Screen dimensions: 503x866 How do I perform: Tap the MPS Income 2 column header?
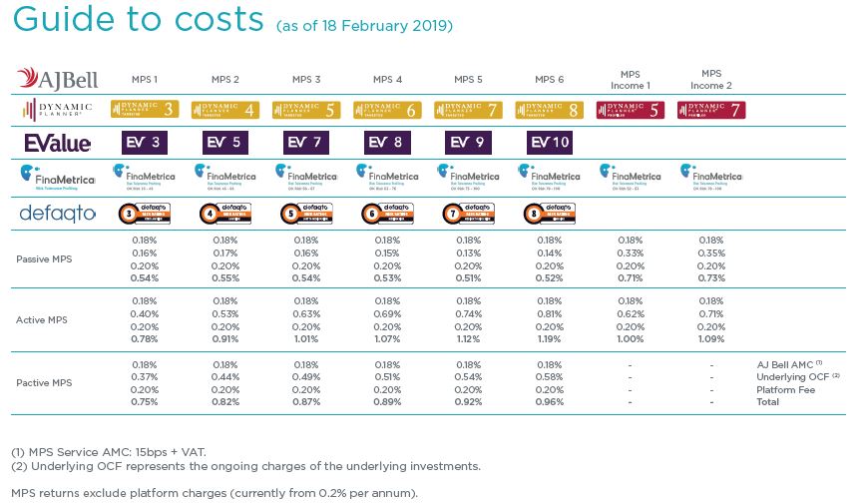click(x=711, y=79)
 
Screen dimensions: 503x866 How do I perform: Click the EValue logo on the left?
click(x=57, y=144)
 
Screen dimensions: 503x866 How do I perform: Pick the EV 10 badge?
click(x=549, y=144)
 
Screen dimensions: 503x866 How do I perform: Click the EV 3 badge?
click(x=144, y=144)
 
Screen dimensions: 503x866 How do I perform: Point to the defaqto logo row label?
click(x=56, y=213)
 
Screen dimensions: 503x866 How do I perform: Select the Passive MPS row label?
click(x=44, y=259)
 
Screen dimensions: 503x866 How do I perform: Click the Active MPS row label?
click(x=41, y=319)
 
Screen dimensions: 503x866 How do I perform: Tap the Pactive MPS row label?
click(x=43, y=383)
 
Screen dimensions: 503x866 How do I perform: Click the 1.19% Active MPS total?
click(x=549, y=339)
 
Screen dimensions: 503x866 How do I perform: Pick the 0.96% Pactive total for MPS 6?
click(x=549, y=401)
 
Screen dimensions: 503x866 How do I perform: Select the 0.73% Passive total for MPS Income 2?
click(x=711, y=277)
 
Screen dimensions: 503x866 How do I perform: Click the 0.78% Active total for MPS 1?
click(x=144, y=339)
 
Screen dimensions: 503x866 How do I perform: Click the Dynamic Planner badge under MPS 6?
click(x=549, y=110)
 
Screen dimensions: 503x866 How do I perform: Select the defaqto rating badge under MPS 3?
click(x=306, y=213)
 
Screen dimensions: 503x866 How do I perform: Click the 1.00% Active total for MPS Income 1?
click(x=630, y=339)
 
